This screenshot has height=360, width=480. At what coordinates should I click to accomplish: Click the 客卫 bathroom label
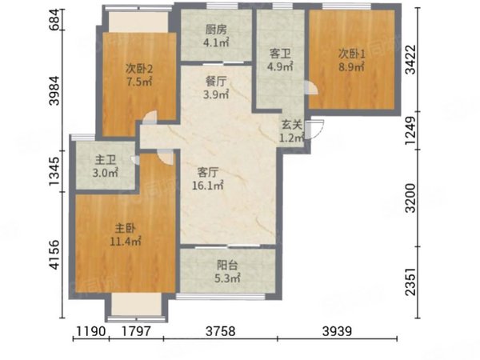tap(279, 54)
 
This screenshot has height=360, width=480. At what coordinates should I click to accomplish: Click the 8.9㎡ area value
tap(351, 67)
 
